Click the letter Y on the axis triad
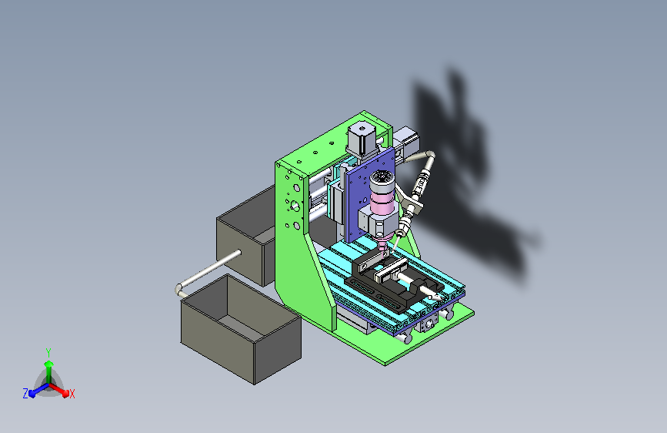coord(48,353)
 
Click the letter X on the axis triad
coord(72,394)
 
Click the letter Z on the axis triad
coord(25,394)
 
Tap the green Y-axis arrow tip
coord(48,364)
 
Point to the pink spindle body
coord(382,202)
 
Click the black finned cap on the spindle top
coord(382,179)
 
